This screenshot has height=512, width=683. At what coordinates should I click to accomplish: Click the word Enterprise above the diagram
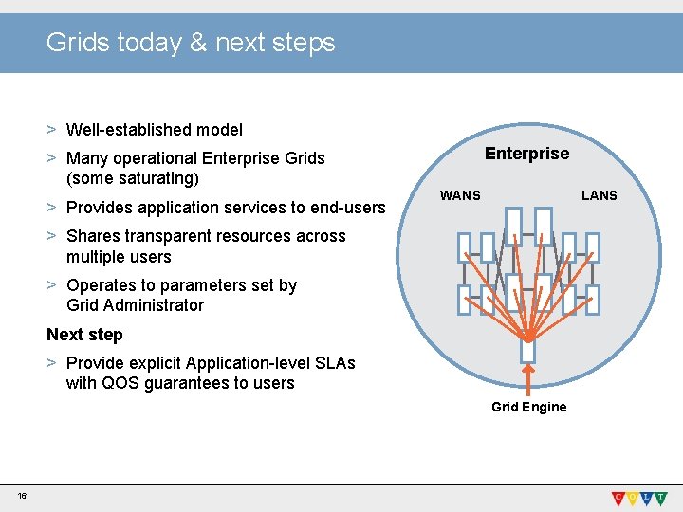click(526, 154)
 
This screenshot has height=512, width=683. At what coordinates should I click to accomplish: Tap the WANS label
click(460, 195)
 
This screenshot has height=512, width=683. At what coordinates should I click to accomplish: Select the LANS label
click(599, 195)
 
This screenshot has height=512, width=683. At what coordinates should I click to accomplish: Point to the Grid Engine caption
click(528, 407)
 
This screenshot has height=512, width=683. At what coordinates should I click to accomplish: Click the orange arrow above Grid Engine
click(528, 379)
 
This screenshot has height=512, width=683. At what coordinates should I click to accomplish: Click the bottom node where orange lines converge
click(528, 351)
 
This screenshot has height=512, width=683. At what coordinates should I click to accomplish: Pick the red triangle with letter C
click(618, 497)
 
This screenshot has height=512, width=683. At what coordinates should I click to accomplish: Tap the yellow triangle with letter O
click(636, 497)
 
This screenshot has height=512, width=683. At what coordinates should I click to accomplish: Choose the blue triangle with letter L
click(652, 497)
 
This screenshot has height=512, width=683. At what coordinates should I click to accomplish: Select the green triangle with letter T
click(668, 497)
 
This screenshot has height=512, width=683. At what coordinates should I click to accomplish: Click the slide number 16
click(21, 496)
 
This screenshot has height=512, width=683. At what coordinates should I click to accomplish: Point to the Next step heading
click(84, 335)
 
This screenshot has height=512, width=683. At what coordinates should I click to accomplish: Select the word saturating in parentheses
click(156, 178)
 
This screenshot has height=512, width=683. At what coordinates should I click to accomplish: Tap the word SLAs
click(334, 363)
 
